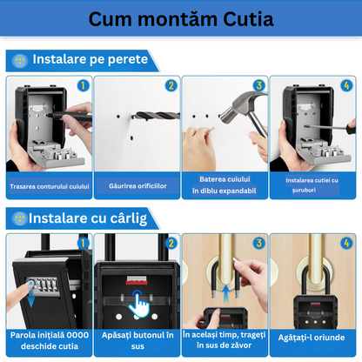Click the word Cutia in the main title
pos(248,19)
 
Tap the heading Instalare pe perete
pos(90,59)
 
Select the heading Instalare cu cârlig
pos(88,218)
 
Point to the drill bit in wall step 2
pos(156,116)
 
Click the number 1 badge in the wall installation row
pos(83,85)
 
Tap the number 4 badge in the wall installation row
pos(346,85)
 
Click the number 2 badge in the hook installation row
pos(171,243)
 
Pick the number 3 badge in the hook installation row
pos(258,243)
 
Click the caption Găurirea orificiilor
pos(137,186)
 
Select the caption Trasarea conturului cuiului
pos(50,186)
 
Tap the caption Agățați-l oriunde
pos(312,338)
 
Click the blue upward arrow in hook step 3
pos(225,293)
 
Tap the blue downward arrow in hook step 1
pos(31,298)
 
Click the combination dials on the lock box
pos(43,285)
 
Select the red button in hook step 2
pos(137,280)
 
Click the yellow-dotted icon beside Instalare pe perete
pos(20,61)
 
